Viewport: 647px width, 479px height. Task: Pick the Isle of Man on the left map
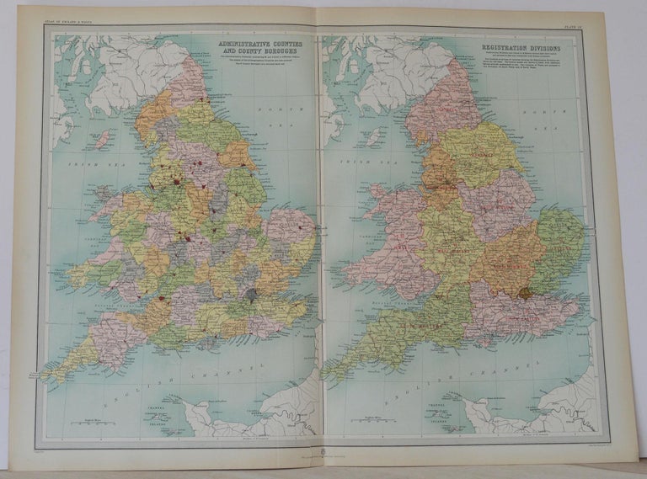coord(101,139)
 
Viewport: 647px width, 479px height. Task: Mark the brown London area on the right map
coord(527,294)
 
